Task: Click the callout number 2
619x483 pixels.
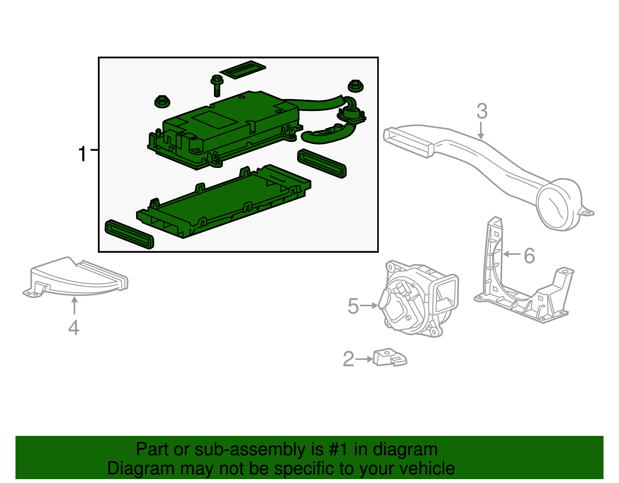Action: tap(348, 359)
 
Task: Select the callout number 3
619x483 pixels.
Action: tap(482, 111)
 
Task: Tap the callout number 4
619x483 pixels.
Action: tap(74, 328)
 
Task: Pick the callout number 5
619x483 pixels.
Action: tap(353, 306)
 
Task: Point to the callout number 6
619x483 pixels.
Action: tap(529, 256)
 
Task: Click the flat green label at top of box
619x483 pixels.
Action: tap(243, 69)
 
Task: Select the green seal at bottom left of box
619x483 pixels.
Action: tap(129, 234)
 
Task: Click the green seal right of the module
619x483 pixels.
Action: tap(322, 163)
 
